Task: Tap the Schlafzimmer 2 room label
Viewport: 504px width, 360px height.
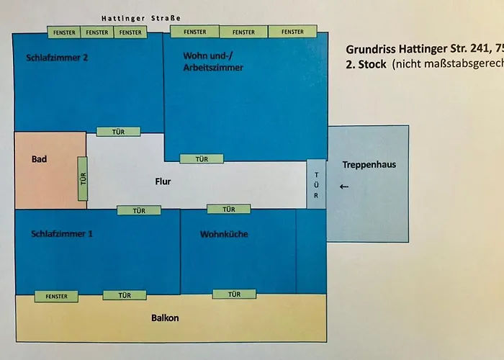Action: click(x=57, y=58)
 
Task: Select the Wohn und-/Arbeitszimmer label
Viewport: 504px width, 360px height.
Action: click(x=213, y=61)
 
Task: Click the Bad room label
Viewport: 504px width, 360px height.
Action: click(x=39, y=159)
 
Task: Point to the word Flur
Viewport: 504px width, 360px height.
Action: click(x=163, y=182)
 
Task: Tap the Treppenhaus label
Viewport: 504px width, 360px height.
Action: click(x=369, y=165)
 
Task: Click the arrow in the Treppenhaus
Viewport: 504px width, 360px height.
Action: click(x=343, y=187)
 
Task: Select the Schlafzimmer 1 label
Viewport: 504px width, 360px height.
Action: click(x=62, y=234)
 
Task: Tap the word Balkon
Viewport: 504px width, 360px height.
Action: click(x=164, y=318)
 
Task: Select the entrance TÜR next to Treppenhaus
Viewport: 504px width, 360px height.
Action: click(x=316, y=184)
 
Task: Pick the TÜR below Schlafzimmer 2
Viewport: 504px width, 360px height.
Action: click(x=119, y=132)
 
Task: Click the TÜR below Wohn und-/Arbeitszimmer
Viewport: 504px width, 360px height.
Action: click(x=201, y=159)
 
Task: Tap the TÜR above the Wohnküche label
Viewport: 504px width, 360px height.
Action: click(x=228, y=210)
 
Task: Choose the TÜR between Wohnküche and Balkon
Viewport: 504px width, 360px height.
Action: click(x=234, y=294)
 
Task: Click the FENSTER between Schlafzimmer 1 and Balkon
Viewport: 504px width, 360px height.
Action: click(x=56, y=297)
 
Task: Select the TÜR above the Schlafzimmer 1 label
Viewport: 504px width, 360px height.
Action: click(x=139, y=210)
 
